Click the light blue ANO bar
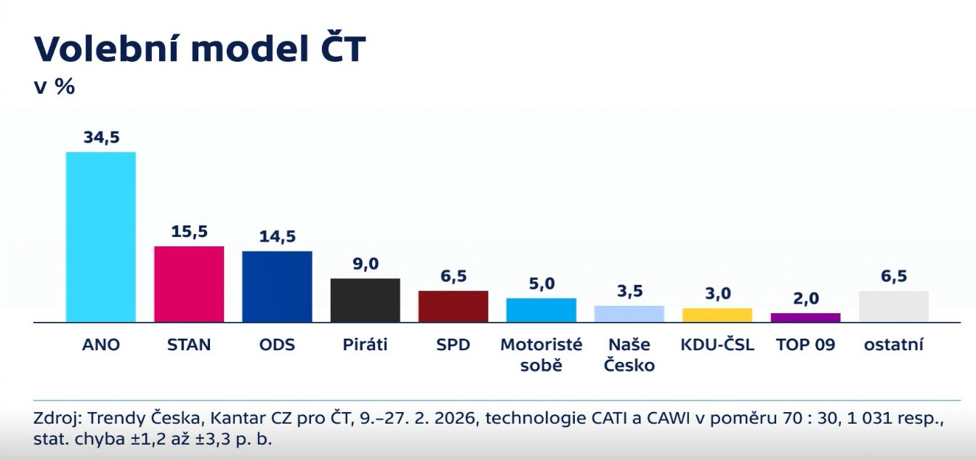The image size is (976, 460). pyautogui.click(x=100, y=237)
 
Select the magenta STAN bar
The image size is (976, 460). pyautogui.click(x=189, y=284)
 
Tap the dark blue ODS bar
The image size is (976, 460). pyautogui.click(x=277, y=286)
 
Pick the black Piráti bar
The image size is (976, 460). pyautogui.click(x=365, y=300)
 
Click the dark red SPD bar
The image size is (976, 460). pyautogui.click(x=453, y=306)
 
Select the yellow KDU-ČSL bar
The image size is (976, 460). pyautogui.click(x=717, y=315)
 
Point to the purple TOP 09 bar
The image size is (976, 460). pyautogui.click(x=805, y=318)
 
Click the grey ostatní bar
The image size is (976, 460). pyautogui.click(x=893, y=306)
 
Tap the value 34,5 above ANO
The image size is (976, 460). pyautogui.click(x=101, y=137)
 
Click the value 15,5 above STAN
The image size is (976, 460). pyautogui.click(x=189, y=232)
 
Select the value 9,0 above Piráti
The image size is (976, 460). pyautogui.click(x=365, y=264)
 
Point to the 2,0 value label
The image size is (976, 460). pyautogui.click(x=805, y=299)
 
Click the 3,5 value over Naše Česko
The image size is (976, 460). pyautogui.click(x=629, y=291)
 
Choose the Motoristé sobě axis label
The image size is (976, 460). pyautogui.click(x=541, y=355)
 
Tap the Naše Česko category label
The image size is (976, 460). pyautogui.click(x=629, y=355)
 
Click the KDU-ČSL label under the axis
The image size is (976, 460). pyautogui.click(x=717, y=344)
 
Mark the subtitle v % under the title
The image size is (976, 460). pyautogui.click(x=55, y=86)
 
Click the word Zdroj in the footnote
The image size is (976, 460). pyautogui.click(x=56, y=419)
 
